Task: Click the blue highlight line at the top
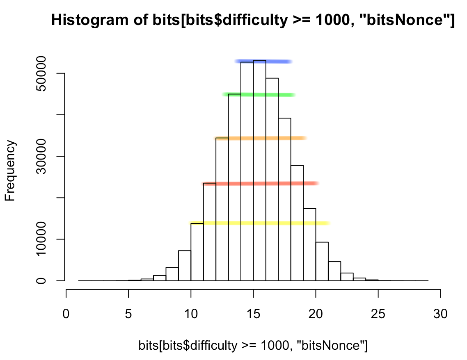click(x=263, y=62)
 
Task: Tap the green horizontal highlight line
click(x=259, y=95)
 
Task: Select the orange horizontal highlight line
click(x=261, y=138)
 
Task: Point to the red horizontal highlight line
click(x=261, y=183)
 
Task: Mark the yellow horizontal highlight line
click(x=260, y=223)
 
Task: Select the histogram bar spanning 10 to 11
click(x=197, y=252)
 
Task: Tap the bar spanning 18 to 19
click(x=297, y=223)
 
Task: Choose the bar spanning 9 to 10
click(x=185, y=266)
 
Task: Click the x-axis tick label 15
click(x=253, y=303)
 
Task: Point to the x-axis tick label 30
click(x=440, y=303)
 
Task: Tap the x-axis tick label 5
click(x=128, y=303)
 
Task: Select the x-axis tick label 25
click(x=378, y=303)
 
